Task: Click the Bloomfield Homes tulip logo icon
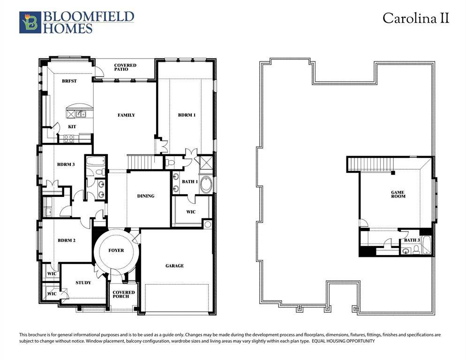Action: click(30, 22)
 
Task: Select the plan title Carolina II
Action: click(416, 18)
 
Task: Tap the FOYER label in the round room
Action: click(116, 250)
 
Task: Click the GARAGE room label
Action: click(174, 266)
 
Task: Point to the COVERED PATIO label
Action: click(125, 67)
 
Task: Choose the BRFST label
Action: click(69, 81)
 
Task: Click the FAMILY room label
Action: click(126, 115)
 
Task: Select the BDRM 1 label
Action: click(186, 115)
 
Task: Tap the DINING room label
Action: click(146, 196)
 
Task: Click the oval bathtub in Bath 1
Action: click(206, 184)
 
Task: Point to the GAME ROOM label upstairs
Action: click(398, 195)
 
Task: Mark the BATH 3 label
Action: click(412, 240)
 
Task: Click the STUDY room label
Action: click(83, 283)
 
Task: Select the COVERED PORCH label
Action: click(124, 294)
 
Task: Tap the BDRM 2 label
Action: click(67, 240)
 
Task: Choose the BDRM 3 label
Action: click(66, 165)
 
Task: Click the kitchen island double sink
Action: click(78, 113)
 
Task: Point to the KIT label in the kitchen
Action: click(72, 127)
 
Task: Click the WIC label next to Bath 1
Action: click(191, 212)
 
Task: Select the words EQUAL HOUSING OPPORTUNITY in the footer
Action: click(343, 341)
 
